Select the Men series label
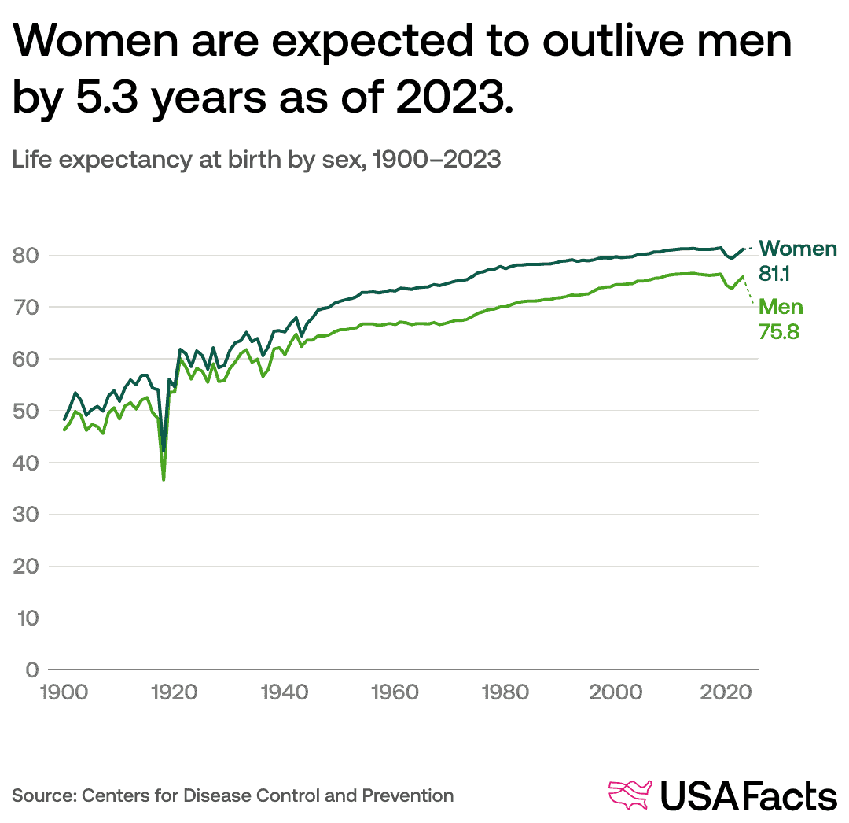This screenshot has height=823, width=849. [781, 307]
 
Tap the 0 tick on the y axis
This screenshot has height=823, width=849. [31, 670]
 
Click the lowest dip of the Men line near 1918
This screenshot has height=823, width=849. [164, 479]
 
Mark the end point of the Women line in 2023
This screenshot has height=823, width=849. [743, 249]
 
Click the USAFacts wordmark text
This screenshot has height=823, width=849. [748, 795]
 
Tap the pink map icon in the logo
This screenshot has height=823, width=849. [630, 795]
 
